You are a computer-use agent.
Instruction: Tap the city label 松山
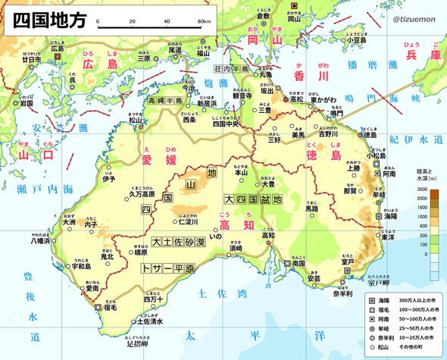point(136,120)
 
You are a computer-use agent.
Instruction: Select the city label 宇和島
point(81,267)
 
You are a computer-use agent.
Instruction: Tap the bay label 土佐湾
point(220,293)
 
